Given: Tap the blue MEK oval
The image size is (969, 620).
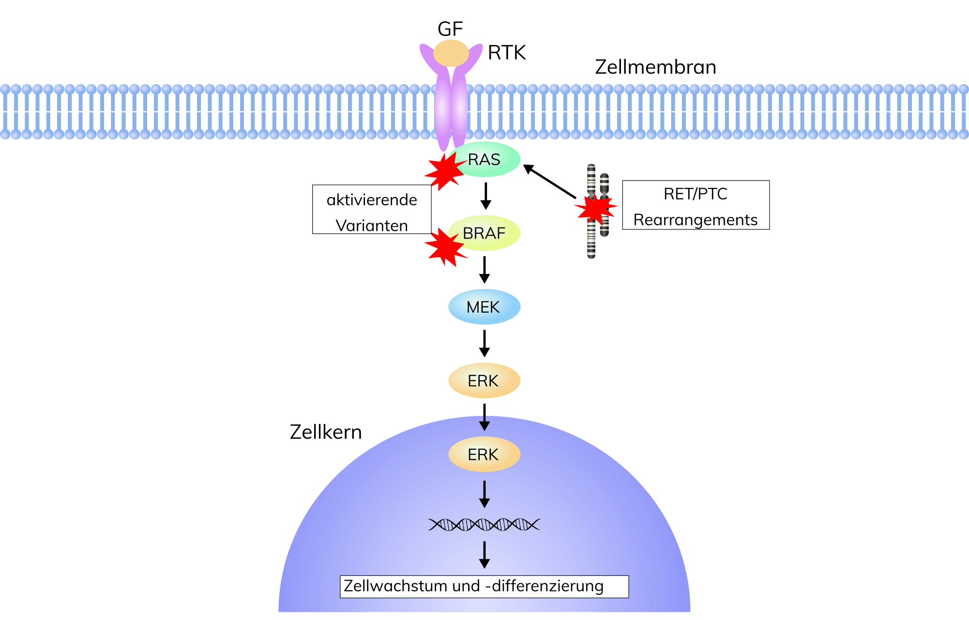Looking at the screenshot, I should tap(484, 307).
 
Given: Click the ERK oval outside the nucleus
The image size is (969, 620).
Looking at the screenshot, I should tap(484, 381).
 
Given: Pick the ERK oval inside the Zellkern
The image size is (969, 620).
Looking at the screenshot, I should tap(484, 454).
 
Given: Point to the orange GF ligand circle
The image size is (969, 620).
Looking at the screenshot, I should tap(451, 53).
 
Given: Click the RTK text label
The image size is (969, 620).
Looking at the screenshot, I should tap(507, 53).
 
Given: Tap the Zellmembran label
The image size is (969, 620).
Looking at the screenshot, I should tap(655, 67).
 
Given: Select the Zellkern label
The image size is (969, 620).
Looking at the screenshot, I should tap(326, 432).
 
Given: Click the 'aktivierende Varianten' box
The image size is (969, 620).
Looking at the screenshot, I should tap(372, 210).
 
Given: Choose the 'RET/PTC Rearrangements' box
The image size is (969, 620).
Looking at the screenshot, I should tap(696, 205).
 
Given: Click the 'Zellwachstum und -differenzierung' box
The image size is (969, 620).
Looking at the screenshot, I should tap(484, 587).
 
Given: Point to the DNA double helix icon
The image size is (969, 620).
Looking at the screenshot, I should tap(484, 525).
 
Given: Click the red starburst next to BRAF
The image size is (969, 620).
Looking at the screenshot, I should tap(444, 247).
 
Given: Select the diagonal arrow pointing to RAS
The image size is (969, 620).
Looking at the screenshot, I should tap(549, 181).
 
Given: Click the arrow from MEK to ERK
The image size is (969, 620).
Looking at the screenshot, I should tap(484, 343).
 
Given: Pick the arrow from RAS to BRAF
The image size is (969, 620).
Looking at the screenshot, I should tap(486, 196).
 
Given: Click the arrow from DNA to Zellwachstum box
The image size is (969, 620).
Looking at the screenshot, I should tap(484, 555).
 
